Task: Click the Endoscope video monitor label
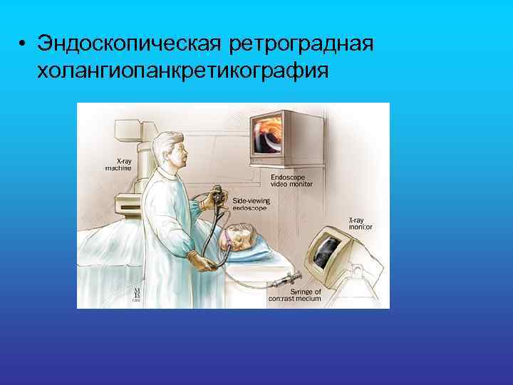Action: coord(291,180)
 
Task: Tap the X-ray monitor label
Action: coord(360,222)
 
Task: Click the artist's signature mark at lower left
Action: coord(135,294)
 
